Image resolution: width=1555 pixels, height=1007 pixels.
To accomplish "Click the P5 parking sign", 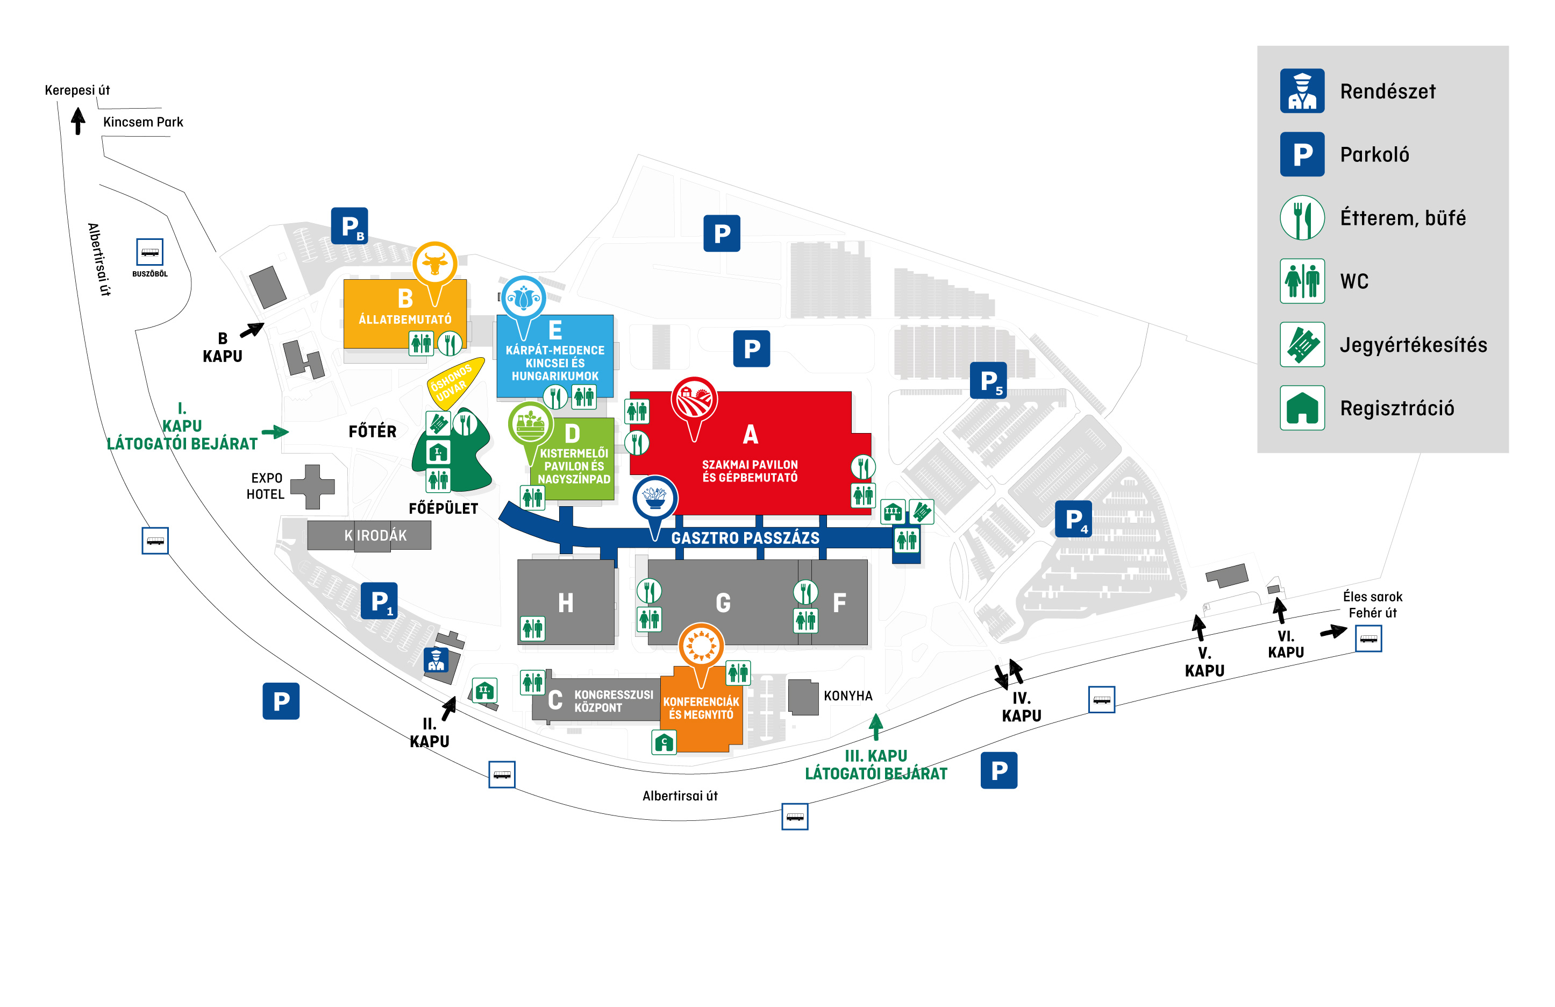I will pyautogui.click(x=987, y=380).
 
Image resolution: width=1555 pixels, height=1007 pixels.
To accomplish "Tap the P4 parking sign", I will pyautogui.click(x=1073, y=519).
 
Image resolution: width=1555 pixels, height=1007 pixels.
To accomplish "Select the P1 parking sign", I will pyautogui.click(x=379, y=600).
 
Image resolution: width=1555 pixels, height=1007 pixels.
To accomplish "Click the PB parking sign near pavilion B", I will pyautogui.click(x=349, y=226).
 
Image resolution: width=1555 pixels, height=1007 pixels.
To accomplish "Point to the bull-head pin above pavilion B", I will pyautogui.click(x=434, y=264).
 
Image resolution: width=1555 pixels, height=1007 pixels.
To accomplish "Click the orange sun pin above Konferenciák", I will pyautogui.click(x=701, y=645).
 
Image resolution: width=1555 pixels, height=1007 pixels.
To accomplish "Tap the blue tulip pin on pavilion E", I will pyautogui.click(x=523, y=298).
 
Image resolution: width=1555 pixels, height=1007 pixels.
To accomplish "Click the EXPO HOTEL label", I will pyautogui.click(x=265, y=486).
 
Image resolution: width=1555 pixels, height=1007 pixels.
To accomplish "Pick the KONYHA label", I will pyautogui.click(x=847, y=696).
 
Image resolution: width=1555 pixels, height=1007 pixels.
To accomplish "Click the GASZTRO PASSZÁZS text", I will pyautogui.click(x=745, y=538).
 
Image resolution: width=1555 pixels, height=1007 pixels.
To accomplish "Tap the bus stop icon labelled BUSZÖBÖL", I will pyautogui.click(x=149, y=252).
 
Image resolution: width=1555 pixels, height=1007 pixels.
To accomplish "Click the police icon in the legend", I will pyautogui.click(x=1302, y=91).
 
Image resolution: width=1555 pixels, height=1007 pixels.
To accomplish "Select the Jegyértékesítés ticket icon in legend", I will pyautogui.click(x=1302, y=344).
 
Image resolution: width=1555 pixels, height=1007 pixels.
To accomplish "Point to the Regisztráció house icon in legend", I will pyautogui.click(x=1302, y=408).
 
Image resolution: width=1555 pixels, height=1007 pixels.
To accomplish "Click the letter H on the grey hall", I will pyautogui.click(x=566, y=602).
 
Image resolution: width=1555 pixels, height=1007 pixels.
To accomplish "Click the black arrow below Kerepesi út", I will pyautogui.click(x=79, y=121).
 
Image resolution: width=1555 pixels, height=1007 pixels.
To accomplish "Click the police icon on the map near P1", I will pyautogui.click(x=436, y=660).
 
